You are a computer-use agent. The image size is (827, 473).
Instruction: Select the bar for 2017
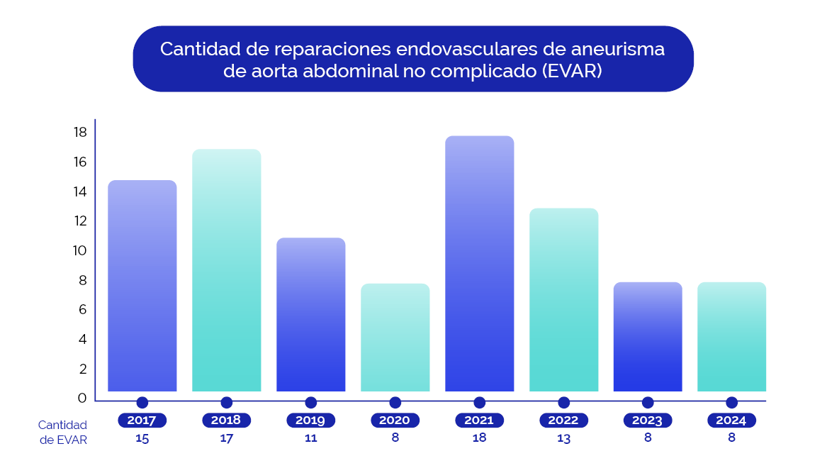pyautogui.click(x=142, y=286)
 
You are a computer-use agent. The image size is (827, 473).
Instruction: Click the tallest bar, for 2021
pyautogui.click(x=479, y=264)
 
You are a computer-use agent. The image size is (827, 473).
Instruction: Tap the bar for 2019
pyautogui.click(x=310, y=315)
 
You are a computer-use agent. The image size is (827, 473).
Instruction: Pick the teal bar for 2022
pyautogui.click(x=563, y=300)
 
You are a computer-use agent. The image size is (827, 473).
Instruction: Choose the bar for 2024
pyautogui.click(x=731, y=337)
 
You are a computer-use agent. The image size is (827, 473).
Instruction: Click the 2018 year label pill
pyautogui.click(x=226, y=421)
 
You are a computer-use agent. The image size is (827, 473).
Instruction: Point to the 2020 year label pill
pyautogui.click(x=395, y=421)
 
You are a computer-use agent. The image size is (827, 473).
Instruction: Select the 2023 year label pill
pyautogui.click(x=647, y=421)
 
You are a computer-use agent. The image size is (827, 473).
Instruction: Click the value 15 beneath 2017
pyautogui.click(x=142, y=438)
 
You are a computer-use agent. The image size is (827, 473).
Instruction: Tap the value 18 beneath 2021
pyautogui.click(x=479, y=438)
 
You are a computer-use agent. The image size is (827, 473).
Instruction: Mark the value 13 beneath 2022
pyautogui.click(x=563, y=438)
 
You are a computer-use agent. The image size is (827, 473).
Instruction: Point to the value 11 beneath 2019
pyautogui.click(x=310, y=438)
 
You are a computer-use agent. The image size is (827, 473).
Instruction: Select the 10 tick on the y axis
pyautogui.click(x=79, y=251)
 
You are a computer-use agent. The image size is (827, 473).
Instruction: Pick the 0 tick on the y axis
pyautogui.click(x=82, y=399)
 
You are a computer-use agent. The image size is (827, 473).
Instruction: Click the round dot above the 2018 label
pyautogui.click(x=226, y=403)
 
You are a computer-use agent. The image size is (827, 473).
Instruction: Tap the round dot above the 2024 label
pyautogui.click(x=731, y=403)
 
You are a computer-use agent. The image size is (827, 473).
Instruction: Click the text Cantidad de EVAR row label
pyautogui.click(x=62, y=432)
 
